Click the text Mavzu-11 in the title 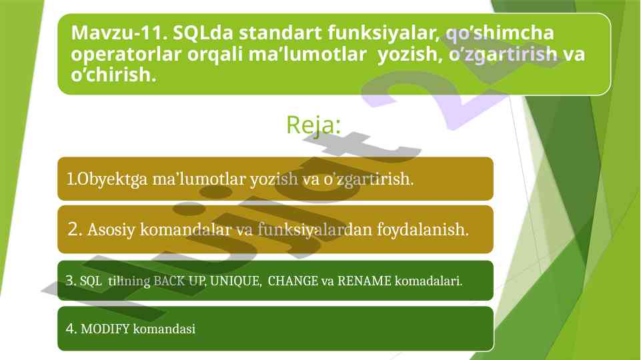tap(117, 33)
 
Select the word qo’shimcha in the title tap(500, 33)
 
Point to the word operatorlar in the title tap(126, 55)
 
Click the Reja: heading tap(313, 125)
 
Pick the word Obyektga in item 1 tap(112, 179)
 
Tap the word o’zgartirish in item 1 tap(367, 179)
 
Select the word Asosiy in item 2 tap(111, 230)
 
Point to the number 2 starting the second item tap(73, 229)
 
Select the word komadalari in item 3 tap(427, 281)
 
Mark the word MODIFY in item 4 tap(105, 329)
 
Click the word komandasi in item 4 tap(164, 329)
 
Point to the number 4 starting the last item tap(69, 329)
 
